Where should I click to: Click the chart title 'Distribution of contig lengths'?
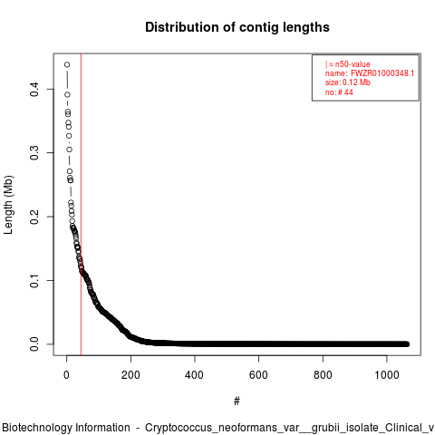point(237,27)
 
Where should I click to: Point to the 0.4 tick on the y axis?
point(34,90)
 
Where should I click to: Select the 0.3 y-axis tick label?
point(34,153)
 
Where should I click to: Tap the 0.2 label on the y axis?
point(34,217)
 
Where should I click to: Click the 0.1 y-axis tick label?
point(34,280)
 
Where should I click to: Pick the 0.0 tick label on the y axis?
point(34,344)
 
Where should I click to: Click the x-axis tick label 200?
point(130,375)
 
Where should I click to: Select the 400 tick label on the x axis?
point(195,375)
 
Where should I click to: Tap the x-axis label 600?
point(258,375)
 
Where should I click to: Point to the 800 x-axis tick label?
point(323,375)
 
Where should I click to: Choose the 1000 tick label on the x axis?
point(387,375)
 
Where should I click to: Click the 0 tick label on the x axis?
point(66,375)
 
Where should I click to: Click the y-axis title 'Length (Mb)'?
point(8,205)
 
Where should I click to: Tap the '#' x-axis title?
point(237,401)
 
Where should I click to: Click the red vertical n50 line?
point(81,204)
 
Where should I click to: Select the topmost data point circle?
point(67,64)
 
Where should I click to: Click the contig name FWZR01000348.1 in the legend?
point(382,73)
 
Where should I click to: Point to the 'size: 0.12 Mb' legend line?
point(348,82)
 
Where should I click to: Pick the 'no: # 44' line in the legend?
point(339,92)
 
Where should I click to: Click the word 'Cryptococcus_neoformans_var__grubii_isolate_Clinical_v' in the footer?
point(289,428)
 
